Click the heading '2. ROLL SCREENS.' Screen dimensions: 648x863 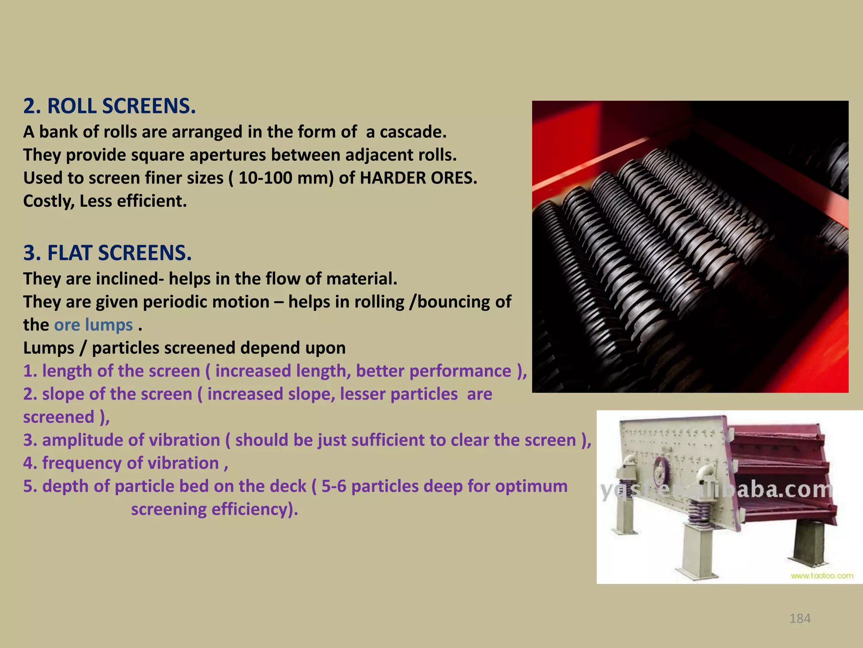click(110, 106)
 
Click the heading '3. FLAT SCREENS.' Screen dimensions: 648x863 click(107, 253)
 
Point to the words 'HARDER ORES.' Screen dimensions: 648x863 click(418, 178)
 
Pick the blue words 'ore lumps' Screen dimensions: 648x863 click(94, 325)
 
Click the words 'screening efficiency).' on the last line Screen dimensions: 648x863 click(214, 509)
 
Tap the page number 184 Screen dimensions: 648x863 click(800, 618)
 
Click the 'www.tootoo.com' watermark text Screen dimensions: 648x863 click(822, 575)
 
